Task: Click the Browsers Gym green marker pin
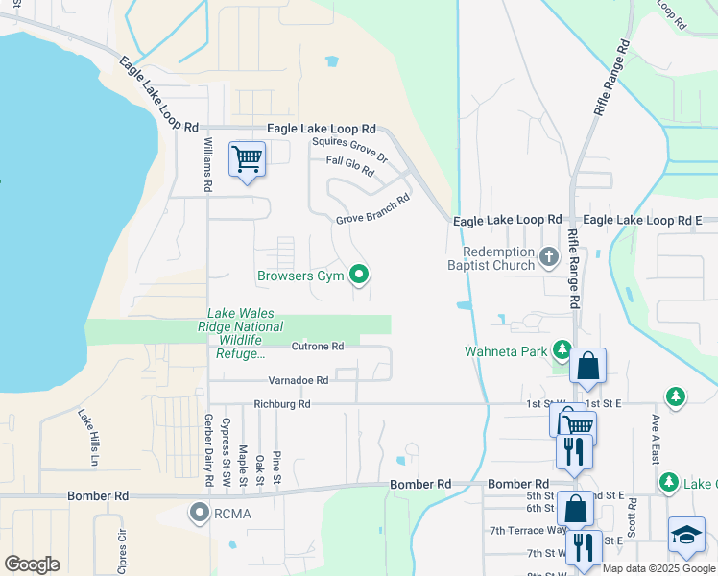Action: (x=360, y=276)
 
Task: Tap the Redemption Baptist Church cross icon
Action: (x=549, y=256)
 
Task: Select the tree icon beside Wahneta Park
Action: (x=561, y=351)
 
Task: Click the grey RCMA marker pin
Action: (x=200, y=513)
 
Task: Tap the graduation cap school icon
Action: (x=686, y=537)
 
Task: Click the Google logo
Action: (x=32, y=564)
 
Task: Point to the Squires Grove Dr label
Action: (x=349, y=148)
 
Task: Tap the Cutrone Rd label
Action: (x=317, y=346)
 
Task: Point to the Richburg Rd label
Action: (x=282, y=404)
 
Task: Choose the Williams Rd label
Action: (x=207, y=163)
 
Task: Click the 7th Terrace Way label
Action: (x=528, y=530)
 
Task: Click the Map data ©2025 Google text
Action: (x=658, y=568)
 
